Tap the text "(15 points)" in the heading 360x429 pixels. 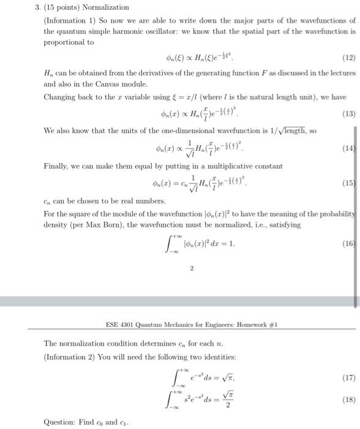[x=65, y=7]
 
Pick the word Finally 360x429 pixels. [x=56, y=166]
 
